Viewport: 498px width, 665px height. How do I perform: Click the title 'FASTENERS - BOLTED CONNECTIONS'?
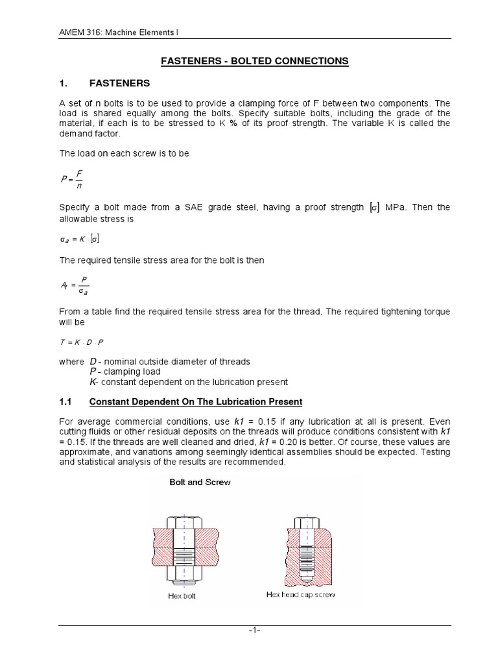254,61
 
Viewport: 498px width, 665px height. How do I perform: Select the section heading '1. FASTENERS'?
104,84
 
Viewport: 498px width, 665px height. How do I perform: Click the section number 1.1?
65,402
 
